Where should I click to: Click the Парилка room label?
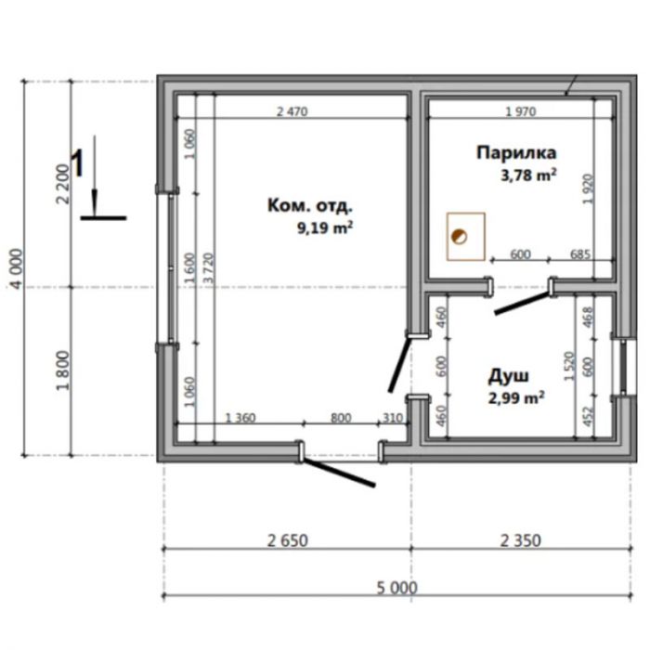pos(516,152)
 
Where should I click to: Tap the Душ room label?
pos(508,375)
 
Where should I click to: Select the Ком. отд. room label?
pos(310,205)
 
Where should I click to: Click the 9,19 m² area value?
pos(325,227)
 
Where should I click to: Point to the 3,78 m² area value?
pos(528,175)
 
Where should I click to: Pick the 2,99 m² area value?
pos(516,398)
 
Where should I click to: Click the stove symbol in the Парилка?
pos(466,236)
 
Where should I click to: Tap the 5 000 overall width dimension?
pos(396,588)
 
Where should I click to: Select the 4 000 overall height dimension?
pos(18,268)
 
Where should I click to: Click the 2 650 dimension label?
pos(287,540)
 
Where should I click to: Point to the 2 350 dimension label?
pos(520,540)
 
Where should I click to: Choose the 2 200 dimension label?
pos(63,184)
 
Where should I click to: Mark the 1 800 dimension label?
pos(63,370)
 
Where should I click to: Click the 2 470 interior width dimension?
pos(292,111)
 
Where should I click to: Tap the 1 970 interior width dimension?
pos(521,111)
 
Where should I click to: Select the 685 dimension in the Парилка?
pos(580,253)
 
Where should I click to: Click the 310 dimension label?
pos(392,418)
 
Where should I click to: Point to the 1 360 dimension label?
pos(240,418)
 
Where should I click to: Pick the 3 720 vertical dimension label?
pos(209,267)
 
